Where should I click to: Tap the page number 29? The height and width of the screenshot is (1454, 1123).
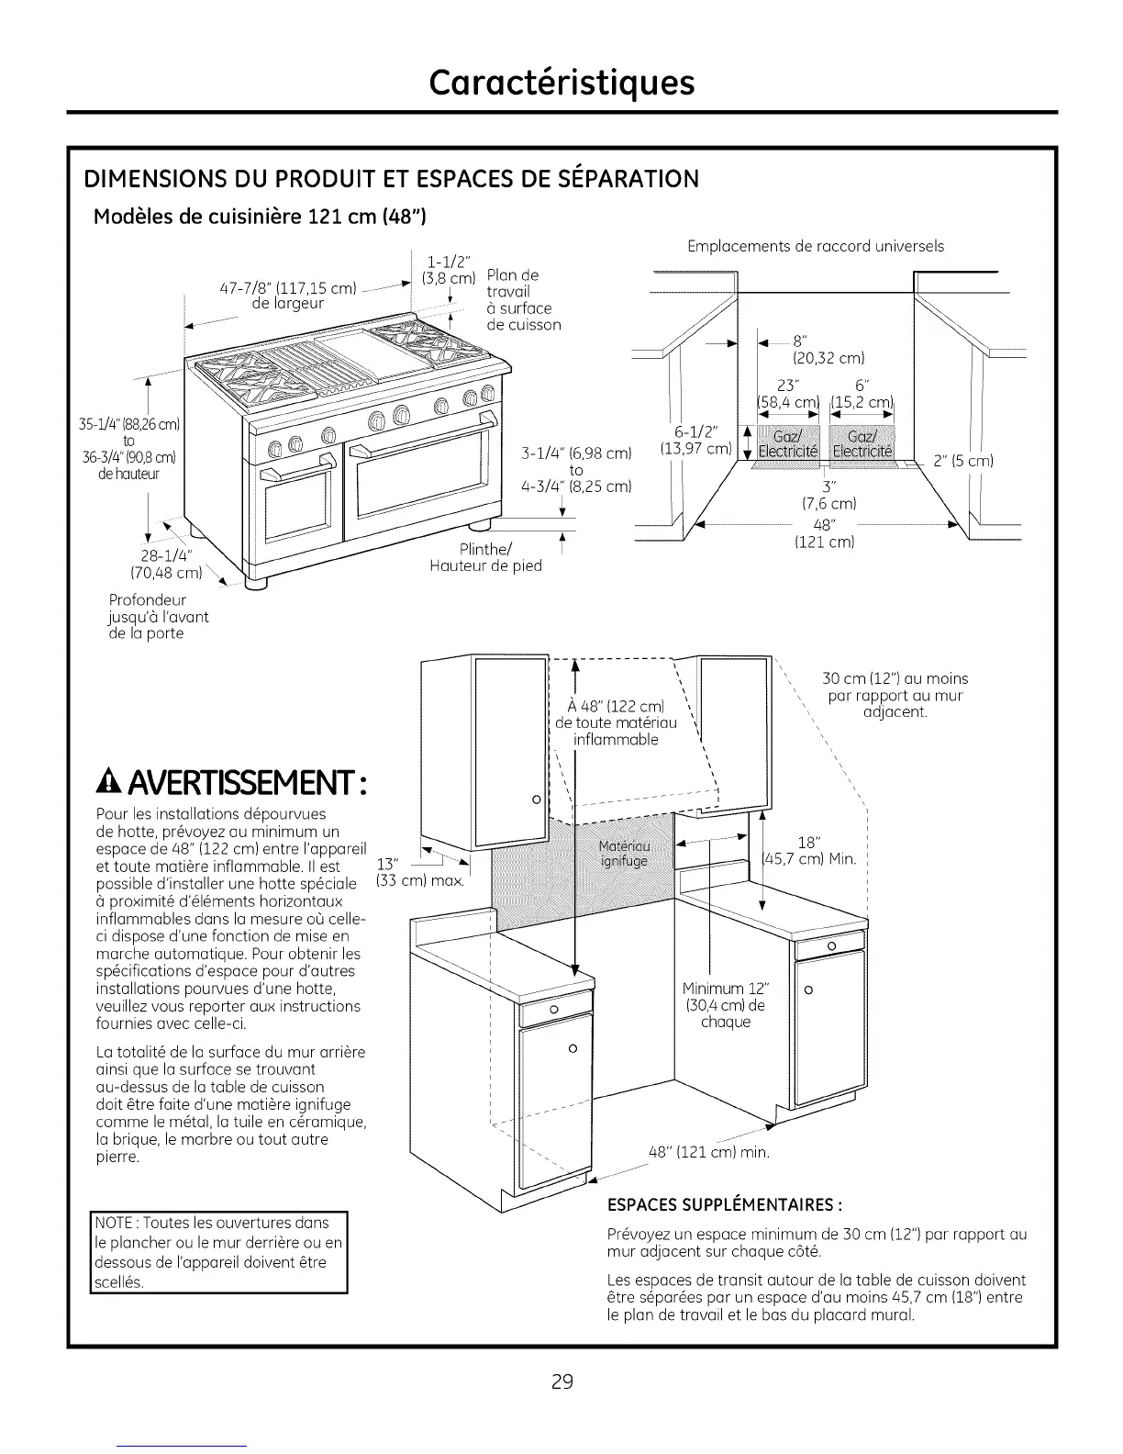click(x=561, y=1381)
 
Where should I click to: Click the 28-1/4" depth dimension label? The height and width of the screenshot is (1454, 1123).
click(x=166, y=565)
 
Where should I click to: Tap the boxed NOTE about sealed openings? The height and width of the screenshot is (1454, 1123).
click(x=218, y=1252)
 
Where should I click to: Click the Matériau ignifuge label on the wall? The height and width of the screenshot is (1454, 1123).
click(x=624, y=854)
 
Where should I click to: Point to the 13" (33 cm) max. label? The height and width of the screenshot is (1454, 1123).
click(x=420, y=872)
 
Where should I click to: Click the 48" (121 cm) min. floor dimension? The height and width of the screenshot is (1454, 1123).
click(x=708, y=1151)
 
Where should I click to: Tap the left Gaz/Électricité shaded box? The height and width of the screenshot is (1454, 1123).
click(x=785, y=444)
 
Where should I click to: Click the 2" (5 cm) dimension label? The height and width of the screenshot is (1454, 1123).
click(x=963, y=461)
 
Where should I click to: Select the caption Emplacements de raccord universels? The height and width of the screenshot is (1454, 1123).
click(x=816, y=246)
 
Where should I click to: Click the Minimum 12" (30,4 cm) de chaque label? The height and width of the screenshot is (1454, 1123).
click(x=725, y=1004)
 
